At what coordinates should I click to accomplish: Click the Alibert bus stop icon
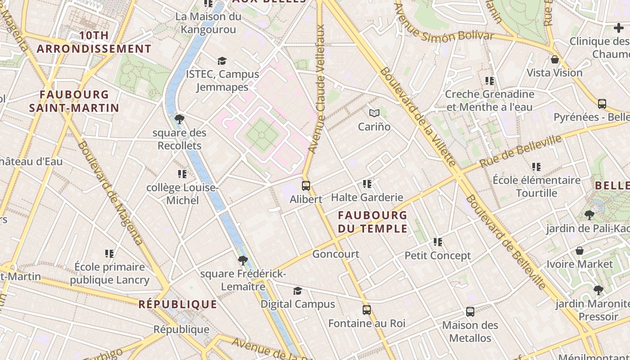(x=306, y=185)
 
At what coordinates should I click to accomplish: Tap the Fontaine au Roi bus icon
(x=367, y=310)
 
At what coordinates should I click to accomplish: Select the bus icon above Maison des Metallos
(x=470, y=311)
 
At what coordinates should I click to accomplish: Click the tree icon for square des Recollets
(x=180, y=119)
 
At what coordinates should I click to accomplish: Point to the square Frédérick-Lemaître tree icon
(x=243, y=260)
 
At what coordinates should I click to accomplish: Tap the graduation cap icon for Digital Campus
(x=297, y=291)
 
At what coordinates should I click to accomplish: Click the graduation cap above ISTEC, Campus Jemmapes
(x=222, y=61)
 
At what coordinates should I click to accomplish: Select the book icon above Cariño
(x=374, y=113)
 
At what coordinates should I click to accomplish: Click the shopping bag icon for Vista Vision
(x=555, y=59)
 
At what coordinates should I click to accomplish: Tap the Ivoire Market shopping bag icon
(x=580, y=251)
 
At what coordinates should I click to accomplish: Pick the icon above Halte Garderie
(x=367, y=184)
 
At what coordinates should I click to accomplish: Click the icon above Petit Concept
(x=438, y=242)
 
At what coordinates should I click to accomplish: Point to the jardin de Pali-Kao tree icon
(x=589, y=215)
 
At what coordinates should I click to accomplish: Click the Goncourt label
(x=336, y=254)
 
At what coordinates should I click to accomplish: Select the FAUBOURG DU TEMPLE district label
(x=373, y=222)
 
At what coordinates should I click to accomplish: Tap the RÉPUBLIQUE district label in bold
(x=178, y=304)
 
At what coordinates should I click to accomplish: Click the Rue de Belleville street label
(x=521, y=151)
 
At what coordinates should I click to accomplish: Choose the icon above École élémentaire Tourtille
(x=536, y=167)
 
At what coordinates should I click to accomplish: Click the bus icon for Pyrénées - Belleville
(x=602, y=104)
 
